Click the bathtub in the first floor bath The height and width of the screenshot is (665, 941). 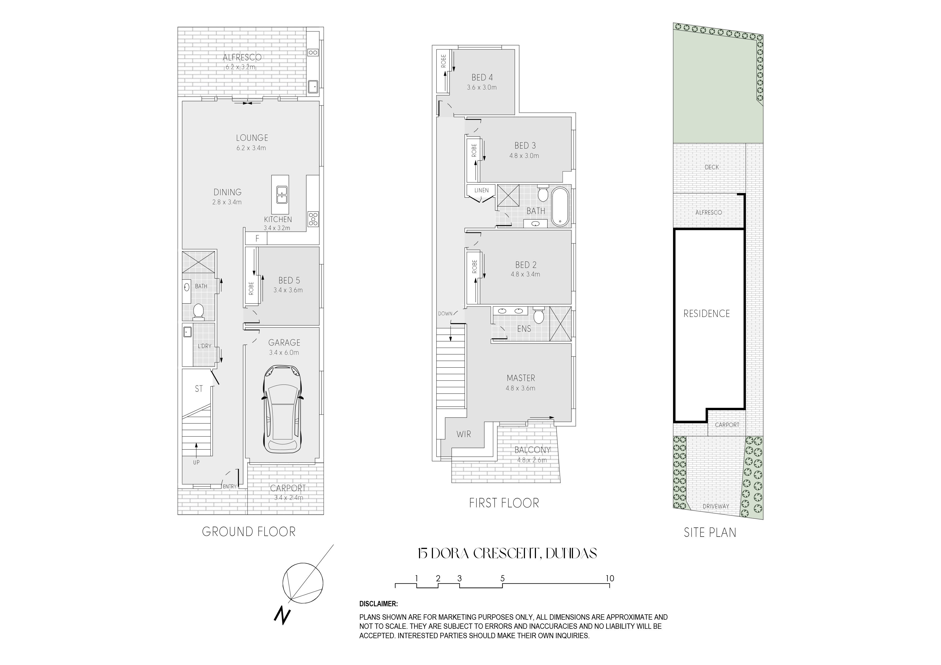coord(560,207)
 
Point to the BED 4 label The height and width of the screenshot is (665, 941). coord(482,77)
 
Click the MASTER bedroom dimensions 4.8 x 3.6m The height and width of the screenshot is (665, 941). coord(520,388)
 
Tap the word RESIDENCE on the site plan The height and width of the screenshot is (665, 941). coord(707,313)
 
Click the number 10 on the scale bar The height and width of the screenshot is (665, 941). coord(610,579)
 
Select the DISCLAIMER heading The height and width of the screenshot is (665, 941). coord(378,604)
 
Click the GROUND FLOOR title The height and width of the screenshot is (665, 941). coord(249,532)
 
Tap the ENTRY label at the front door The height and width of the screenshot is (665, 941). coord(230,486)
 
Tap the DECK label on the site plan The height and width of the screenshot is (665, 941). coord(712,167)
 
